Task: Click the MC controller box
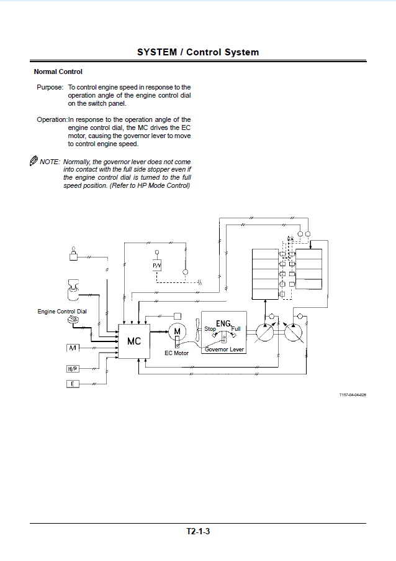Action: click(134, 341)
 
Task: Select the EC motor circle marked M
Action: click(177, 331)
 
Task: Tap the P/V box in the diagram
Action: click(157, 266)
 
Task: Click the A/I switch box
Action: click(73, 348)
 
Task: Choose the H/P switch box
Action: click(73, 369)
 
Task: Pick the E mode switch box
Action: click(73, 384)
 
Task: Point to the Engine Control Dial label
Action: click(62, 312)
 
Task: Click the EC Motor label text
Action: click(176, 353)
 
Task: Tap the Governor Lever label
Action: click(224, 350)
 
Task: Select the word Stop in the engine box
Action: click(210, 329)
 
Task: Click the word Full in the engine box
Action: click(236, 329)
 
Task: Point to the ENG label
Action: click(223, 323)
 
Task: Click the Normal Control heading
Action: click(58, 72)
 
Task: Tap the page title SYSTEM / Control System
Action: click(198, 52)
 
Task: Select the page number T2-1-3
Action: click(198, 531)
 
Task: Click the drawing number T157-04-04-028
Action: click(353, 395)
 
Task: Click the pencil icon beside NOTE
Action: click(34, 160)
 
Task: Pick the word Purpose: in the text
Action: click(50, 87)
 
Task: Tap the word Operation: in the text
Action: click(52, 119)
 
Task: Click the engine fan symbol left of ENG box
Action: click(198, 331)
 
